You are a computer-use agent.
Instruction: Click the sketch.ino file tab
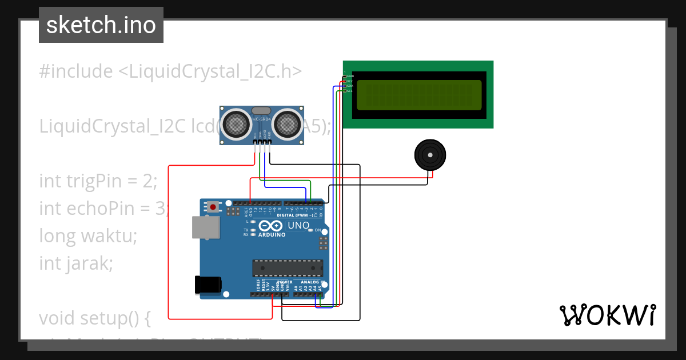pos(101,25)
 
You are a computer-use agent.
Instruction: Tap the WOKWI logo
pos(607,315)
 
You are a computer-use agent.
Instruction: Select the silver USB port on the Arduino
pos(206,227)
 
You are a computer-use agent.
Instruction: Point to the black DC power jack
pos(208,285)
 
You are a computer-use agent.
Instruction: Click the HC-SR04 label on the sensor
pos(261,119)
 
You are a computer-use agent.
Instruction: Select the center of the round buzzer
pos(430,155)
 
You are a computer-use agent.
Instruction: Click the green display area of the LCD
pos(419,95)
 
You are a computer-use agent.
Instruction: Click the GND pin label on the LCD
pos(350,76)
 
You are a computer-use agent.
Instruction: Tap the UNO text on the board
pos(298,226)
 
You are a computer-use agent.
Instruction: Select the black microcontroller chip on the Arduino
pos(288,267)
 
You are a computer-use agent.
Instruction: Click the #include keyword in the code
pos(76,71)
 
